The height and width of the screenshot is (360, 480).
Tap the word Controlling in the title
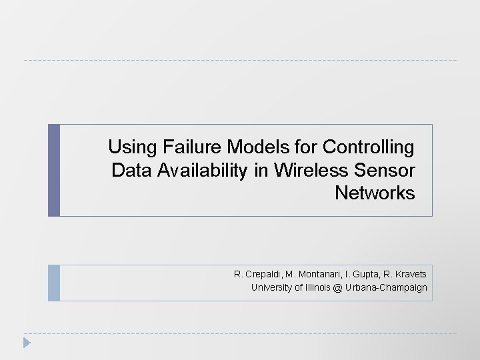tap(368, 147)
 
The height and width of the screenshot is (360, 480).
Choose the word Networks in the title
tap(375, 194)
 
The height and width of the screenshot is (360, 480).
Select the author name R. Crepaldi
tap(256, 274)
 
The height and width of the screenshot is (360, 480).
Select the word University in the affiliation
tap(271, 288)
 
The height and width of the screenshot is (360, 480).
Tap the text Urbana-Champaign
tap(386, 288)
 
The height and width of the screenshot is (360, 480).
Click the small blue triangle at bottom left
tap(27, 343)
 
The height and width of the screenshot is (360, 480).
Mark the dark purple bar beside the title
tap(54, 170)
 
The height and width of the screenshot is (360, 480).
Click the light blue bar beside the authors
tap(54, 283)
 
